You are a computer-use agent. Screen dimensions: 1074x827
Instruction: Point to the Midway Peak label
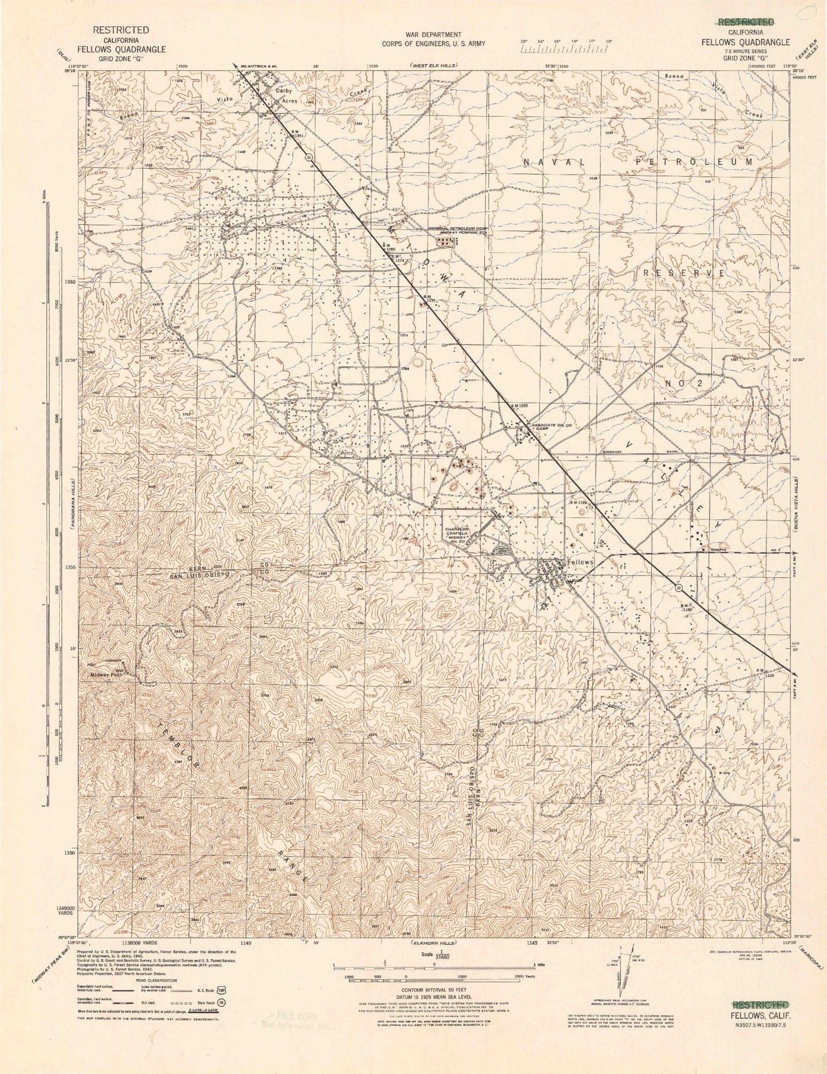(x=106, y=674)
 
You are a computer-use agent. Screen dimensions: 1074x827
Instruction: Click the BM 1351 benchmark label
(x=298, y=133)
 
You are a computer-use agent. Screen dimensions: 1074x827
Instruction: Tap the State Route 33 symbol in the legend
(x=220, y=1002)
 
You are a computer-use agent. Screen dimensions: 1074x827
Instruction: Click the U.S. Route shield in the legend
(x=221, y=988)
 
